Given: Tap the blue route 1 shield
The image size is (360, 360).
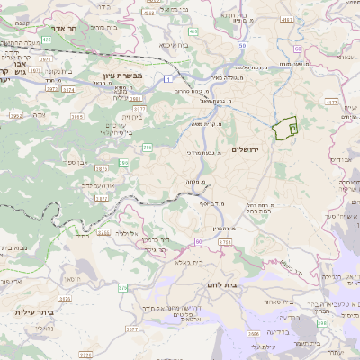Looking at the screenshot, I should coord(167,80).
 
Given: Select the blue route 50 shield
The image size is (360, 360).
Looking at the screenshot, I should coord(241,43).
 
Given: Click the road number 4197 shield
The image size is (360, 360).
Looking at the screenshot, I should coord(287,18).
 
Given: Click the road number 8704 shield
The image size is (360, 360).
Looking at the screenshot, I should coord(225,242).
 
